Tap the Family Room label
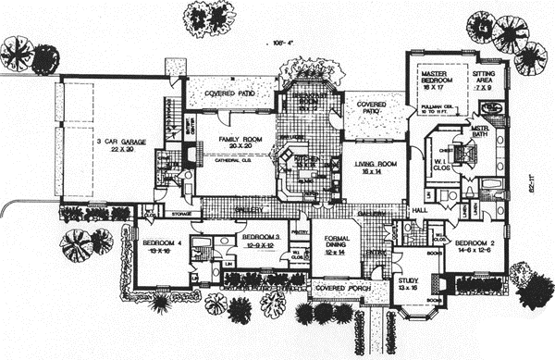(x=235, y=139)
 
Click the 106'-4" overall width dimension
(x=278, y=43)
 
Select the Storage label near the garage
(x=180, y=216)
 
